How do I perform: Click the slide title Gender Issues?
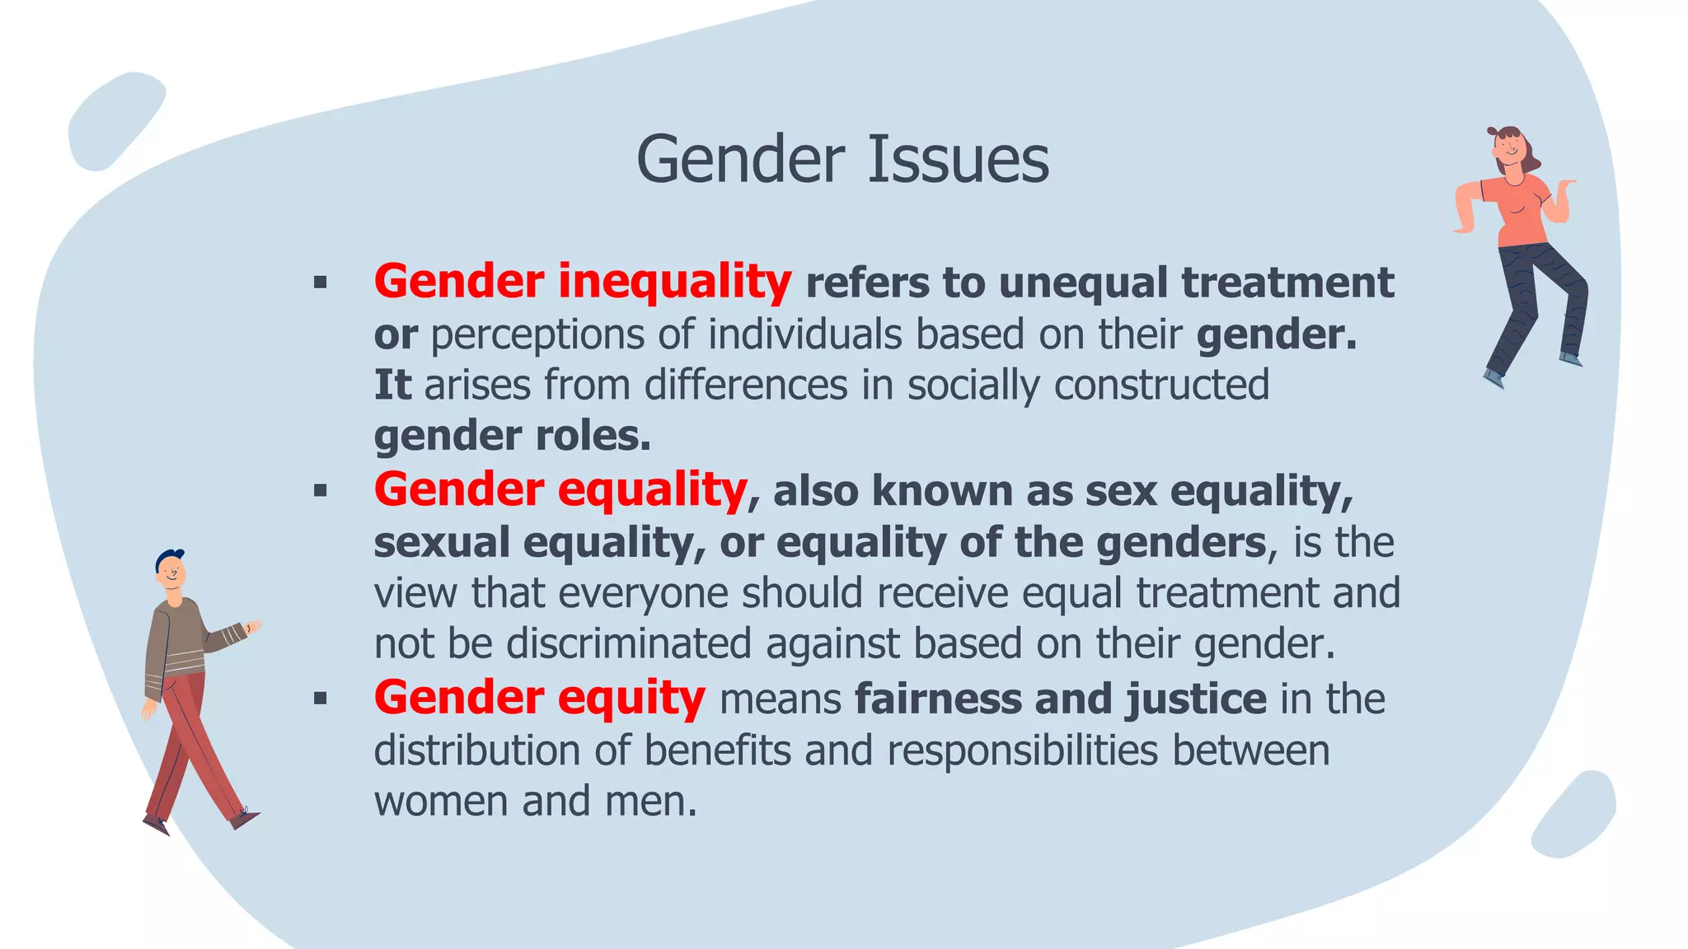(x=842, y=159)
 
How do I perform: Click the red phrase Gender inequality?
(x=583, y=282)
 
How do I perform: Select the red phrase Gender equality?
(x=560, y=489)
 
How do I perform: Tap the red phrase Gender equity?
(x=540, y=698)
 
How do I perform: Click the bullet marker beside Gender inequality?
(x=321, y=283)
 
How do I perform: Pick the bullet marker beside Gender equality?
(x=321, y=492)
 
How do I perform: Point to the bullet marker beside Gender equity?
(x=321, y=699)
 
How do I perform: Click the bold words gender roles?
(x=512, y=436)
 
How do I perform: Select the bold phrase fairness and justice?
(x=1061, y=699)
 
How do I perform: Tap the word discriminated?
(x=628, y=643)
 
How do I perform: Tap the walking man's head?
(x=171, y=569)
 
